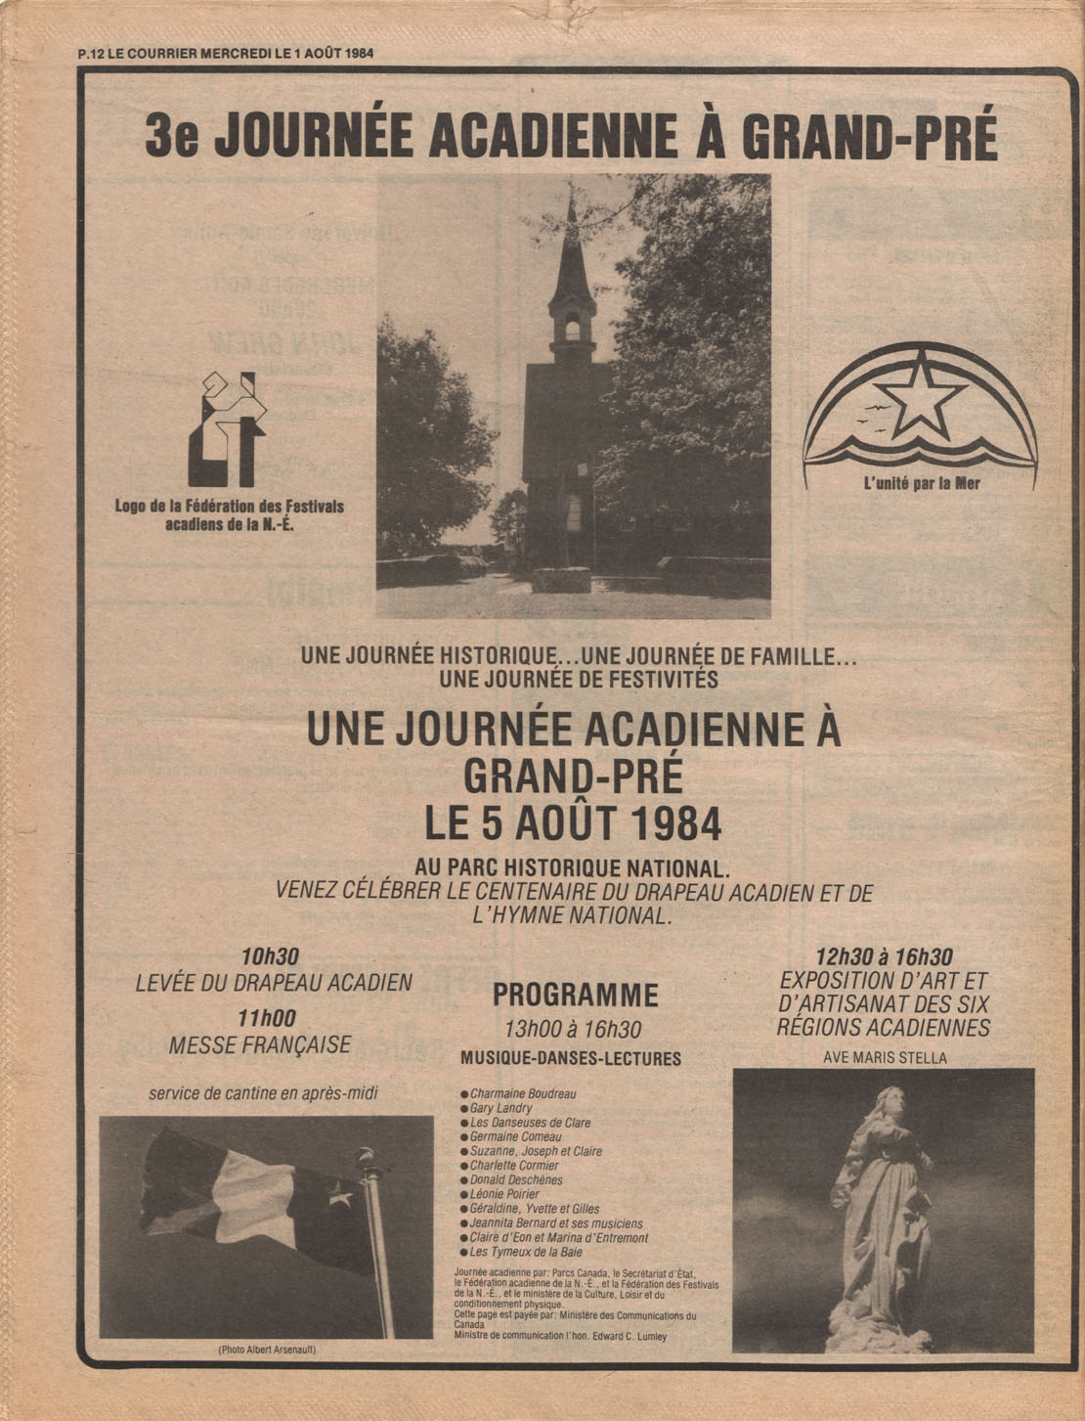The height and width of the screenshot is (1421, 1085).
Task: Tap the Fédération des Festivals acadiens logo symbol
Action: point(227,430)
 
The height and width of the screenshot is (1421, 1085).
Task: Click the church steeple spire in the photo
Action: point(572,244)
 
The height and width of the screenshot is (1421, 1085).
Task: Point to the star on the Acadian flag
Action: point(339,1196)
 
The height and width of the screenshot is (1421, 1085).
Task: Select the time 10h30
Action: point(270,957)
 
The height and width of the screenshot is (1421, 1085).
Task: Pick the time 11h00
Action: point(266,1018)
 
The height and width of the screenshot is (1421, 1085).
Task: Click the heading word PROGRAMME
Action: point(575,996)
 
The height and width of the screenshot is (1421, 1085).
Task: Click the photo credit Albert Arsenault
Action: point(267,1351)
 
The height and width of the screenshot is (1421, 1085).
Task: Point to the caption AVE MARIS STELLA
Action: point(885,1057)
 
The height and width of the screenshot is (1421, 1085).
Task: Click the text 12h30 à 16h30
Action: point(884,958)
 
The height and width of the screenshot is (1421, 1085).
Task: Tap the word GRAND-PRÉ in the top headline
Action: point(869,137)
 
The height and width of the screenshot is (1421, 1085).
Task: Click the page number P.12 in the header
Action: point(90,53)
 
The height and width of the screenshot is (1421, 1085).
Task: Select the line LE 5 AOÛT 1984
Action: point(573,823)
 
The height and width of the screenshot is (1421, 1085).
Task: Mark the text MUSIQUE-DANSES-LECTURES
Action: point(571,1059)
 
